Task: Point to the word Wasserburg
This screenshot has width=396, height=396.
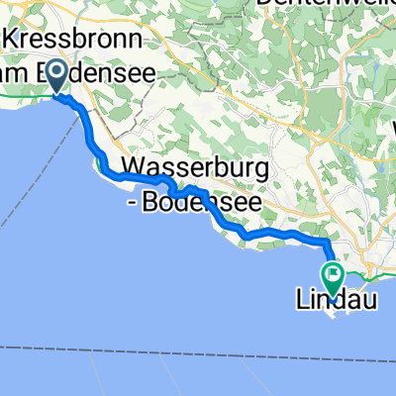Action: pyautogui.click(x=194, y=169)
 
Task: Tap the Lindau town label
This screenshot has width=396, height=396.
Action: pyautogui.click(x=336, y=298)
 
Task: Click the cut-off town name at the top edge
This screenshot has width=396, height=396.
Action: pyautogui.click(x=307, y=5)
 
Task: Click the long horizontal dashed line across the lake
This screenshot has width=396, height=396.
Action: pyautogui.click(x=198, y=347)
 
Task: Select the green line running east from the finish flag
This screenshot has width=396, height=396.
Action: pyautogui.click(x=371, y=270)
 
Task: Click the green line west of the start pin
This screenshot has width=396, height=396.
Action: pyautogui.click(x=25, y=96)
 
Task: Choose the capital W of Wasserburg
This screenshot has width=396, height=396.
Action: pyautogui.click(x=133, y=169)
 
